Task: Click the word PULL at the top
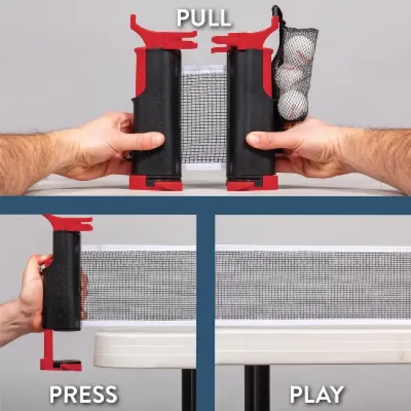pos(204,18)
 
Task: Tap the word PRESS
pos(84,395)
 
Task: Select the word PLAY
pos(317,395)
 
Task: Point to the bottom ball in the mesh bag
pos(292,105)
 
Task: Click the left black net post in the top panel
pos(157,113)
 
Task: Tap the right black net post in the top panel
pos(251,113)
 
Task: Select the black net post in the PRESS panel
pos(62,280)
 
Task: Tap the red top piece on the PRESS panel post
pos(69,223)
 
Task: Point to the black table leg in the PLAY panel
pos(257,388)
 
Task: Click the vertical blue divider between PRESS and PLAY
pos(205,312)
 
